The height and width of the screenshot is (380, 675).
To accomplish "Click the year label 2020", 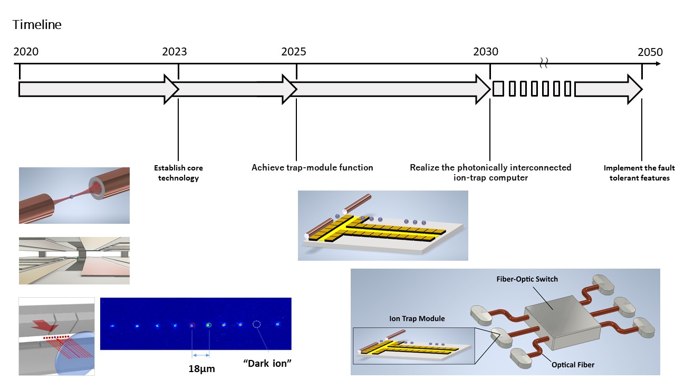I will [x=26, y=52].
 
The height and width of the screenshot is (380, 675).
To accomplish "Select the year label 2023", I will [x=174, y=52].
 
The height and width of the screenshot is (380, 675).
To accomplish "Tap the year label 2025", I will [x=293, y=52].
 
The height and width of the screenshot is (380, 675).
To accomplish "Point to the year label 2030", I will [x=485, y=52].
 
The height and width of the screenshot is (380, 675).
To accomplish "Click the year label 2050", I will [x=650, y=52].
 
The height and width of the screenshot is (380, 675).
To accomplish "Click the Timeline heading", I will [x=37, y=25].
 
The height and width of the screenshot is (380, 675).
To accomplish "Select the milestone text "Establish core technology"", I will [x=178, y=173].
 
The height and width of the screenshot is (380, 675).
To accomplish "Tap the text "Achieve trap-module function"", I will [x=312, y=167].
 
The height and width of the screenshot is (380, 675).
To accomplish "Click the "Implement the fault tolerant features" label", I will [x=639, y=173].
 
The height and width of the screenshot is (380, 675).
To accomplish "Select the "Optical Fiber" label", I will [x=573, y=364].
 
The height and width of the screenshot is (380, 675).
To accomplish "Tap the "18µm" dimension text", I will [x=201, y=368].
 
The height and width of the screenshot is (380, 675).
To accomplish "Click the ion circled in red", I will [x=192, y=325].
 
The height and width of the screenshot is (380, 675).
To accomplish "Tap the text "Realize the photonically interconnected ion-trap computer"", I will [x=490, y=173].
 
